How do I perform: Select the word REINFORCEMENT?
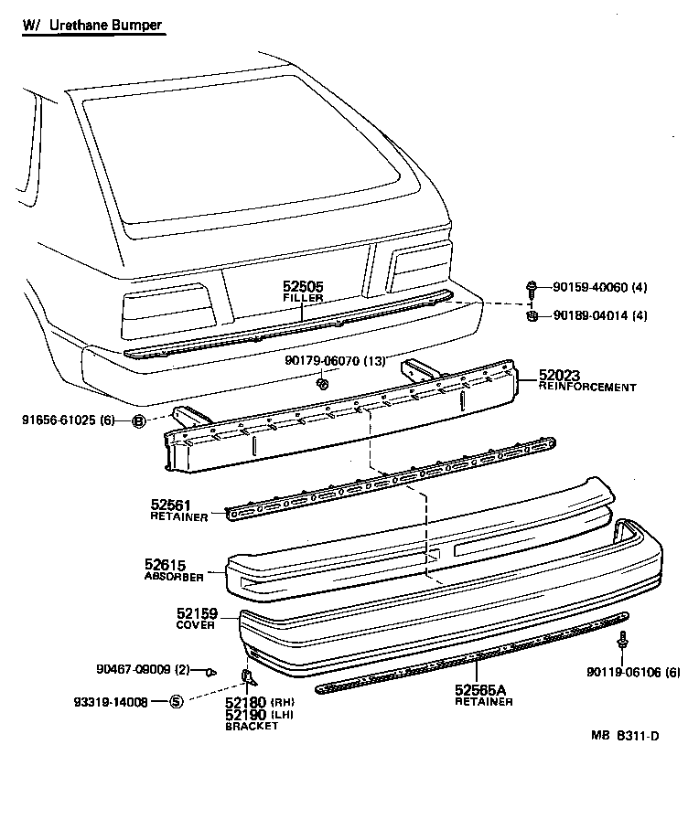(586, 388)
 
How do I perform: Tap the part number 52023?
(559, 375)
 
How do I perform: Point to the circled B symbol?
(139, 421)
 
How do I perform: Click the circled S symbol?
(177, 702)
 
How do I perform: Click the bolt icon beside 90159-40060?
(532, 288)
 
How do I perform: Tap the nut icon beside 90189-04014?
(532, 316)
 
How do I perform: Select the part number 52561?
(170, 505)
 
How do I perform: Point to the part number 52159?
(196, 614)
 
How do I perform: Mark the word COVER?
(195, 626)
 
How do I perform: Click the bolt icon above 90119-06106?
(623, 640)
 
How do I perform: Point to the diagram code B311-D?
(637, 760)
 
